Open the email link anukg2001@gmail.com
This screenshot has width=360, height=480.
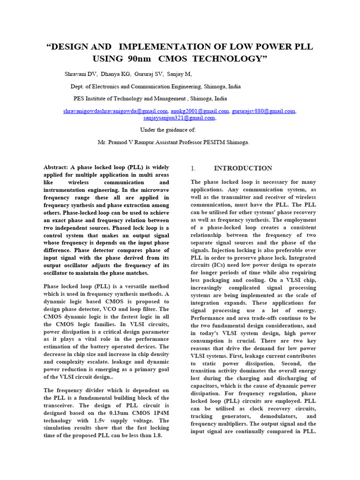(200, 111)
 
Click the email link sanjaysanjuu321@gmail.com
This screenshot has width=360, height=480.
(179, 118)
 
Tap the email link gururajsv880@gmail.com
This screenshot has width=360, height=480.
(263, 111)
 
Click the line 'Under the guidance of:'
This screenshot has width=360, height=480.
(169, 130)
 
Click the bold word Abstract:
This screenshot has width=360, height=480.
(56, 167)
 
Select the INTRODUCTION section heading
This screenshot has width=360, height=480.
(243, 168)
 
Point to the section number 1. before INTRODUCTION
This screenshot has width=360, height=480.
(193, 168)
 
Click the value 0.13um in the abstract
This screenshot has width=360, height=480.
(122, 413)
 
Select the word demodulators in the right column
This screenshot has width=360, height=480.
(274, 416)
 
